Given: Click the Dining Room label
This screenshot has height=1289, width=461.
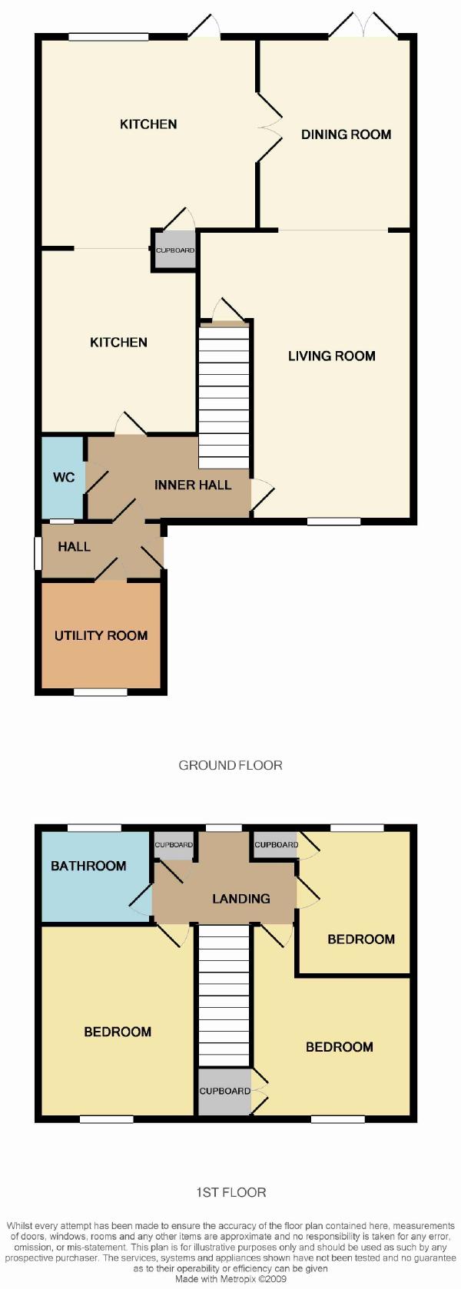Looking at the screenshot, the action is click(x=346, y=134).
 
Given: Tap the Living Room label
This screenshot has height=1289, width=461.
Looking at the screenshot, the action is click(x=331, y=356).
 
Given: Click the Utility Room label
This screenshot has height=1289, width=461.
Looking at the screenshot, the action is click(x=101, y=635).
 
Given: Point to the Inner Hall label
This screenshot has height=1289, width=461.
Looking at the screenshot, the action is click(x=193, y=485).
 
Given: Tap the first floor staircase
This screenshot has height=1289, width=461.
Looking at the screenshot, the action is click(x=224, y=995).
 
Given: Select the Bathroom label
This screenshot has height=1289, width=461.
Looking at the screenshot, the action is click(x=88, y=866).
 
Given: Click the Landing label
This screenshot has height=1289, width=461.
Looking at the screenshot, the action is click(x=241, y=898).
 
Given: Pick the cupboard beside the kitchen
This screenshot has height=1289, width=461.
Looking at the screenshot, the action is click(x=175, y=250).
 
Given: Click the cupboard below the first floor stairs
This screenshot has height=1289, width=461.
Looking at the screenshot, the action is click(x=224, y=1091).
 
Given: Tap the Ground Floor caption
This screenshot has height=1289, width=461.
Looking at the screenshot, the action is click(x=230, y=765).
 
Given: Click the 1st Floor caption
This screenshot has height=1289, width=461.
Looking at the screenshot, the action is click(x=230, y=1191).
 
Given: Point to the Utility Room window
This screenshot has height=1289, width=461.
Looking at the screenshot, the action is click(x=101, y=692).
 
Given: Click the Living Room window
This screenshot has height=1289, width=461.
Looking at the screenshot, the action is click(x=333, y=522).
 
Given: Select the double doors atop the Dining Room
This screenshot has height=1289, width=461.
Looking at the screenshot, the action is click(x=364, y=26).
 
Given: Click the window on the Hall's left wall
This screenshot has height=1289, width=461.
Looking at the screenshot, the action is click(x=38, y=554).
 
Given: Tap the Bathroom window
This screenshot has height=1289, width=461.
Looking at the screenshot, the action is click(x=95, y=827).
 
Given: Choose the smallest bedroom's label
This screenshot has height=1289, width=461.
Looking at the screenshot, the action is click(x=361, y=939).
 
